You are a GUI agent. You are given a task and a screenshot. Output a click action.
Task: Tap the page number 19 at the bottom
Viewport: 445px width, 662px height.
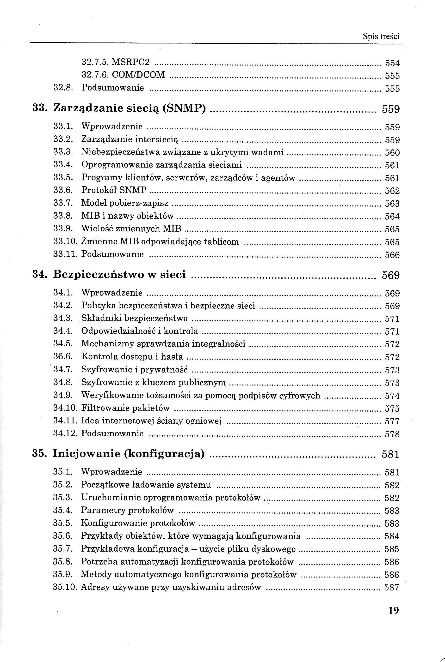[393, 610]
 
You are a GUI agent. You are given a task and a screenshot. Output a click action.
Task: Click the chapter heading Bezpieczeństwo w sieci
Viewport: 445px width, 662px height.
[119, 274]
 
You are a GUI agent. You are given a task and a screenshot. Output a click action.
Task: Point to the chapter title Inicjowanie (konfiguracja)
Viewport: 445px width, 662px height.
[129, 454]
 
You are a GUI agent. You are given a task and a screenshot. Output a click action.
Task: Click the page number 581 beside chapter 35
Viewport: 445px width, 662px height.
[390, 454]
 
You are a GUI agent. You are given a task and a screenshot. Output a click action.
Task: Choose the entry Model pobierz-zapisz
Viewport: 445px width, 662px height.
[125, 203]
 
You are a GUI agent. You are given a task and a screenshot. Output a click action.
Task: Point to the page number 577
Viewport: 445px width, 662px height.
[392, 421]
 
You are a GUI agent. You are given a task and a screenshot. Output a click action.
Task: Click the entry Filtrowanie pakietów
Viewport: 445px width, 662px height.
[125, 408]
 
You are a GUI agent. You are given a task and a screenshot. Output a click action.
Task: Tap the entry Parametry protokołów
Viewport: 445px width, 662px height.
[127, 511]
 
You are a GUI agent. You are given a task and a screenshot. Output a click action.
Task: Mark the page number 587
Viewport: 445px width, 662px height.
[392, 587]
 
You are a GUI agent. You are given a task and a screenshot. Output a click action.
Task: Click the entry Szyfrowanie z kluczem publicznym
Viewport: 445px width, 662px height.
[153, 382]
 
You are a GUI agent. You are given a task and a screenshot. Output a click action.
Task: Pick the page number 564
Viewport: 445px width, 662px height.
[392, 217]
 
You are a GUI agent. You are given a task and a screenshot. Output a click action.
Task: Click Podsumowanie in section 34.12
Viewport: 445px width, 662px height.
[112, 433]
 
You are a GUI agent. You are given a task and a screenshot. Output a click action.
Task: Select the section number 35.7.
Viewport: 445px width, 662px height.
[63, 549]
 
